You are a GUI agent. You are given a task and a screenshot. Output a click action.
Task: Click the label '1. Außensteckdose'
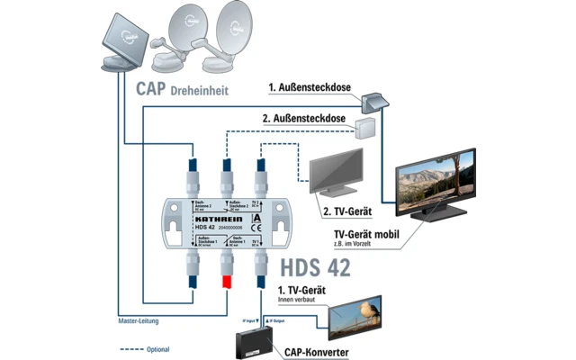[311, 88]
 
